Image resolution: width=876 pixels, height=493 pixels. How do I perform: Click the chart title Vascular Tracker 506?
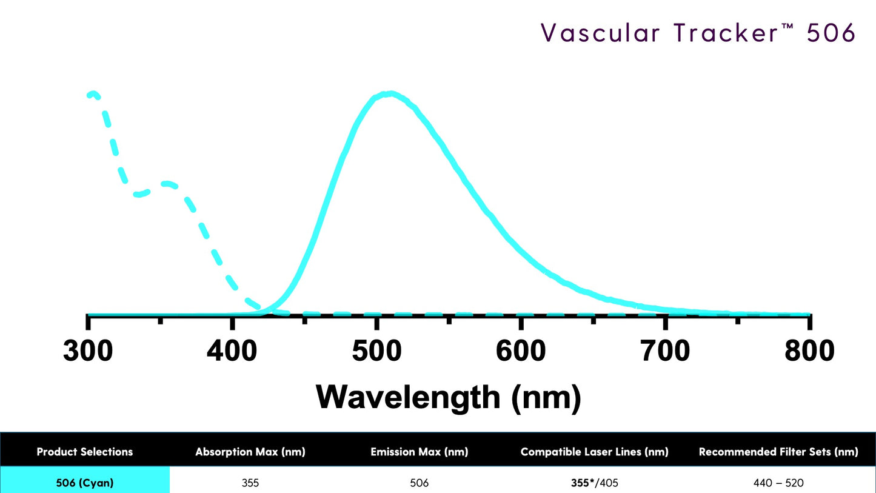(x=698, y=33)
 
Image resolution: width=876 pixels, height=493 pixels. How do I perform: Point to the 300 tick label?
(x=88, y=351)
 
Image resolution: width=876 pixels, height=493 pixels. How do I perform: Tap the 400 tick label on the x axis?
(x=232, y=351)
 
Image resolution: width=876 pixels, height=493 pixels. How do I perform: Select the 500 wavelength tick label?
(x=376, y=351)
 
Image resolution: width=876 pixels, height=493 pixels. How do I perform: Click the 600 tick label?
(x=521, y=351)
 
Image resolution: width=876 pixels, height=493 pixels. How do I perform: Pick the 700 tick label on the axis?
(x=665, y=351)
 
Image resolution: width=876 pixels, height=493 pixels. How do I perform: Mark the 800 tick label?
(x=809, y=351)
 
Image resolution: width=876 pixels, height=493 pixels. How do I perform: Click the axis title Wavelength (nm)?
(x=448, y=397)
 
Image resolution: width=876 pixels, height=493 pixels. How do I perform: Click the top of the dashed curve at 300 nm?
(x=93, y=94)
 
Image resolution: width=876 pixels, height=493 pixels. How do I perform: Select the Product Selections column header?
(x=85, y=452)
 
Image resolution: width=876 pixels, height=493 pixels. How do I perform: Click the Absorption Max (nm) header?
(x=250, y=452)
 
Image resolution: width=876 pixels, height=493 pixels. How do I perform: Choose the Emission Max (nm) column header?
(x=419, y=452)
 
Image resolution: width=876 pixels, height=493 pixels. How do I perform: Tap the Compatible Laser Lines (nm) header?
(x=594, y=452)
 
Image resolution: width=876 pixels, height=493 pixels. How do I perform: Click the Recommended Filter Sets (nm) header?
(x=778, y=452)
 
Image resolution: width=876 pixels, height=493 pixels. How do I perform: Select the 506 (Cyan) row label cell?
(x=85, y=483)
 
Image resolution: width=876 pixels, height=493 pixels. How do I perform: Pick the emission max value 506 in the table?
(x=419, y=483)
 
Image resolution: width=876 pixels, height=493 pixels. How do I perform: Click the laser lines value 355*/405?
(x=594, y=483)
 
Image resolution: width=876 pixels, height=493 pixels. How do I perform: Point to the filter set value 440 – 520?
(x=778, y=483)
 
